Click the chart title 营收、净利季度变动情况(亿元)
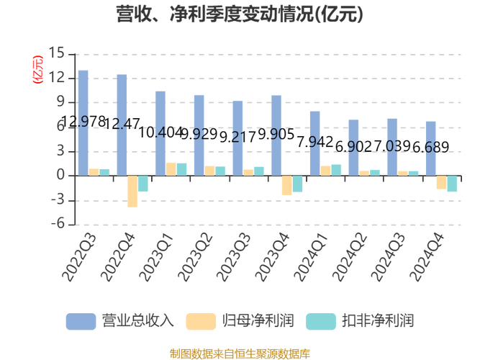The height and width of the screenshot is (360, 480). [240, 14]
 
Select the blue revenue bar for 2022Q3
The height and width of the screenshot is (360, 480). [83, 122]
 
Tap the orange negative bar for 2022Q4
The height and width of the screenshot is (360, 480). [132, 191]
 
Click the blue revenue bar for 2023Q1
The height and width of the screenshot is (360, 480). [160, 133]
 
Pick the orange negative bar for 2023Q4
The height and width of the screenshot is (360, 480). [287, 185]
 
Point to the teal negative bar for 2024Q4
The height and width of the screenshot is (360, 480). [452, 183]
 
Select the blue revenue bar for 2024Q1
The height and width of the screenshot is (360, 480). [315, 143]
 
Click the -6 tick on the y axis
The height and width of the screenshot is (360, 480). [57, 225]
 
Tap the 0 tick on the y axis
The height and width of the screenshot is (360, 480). [61, 176]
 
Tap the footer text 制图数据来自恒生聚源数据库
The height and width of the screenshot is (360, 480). [240, 353]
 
